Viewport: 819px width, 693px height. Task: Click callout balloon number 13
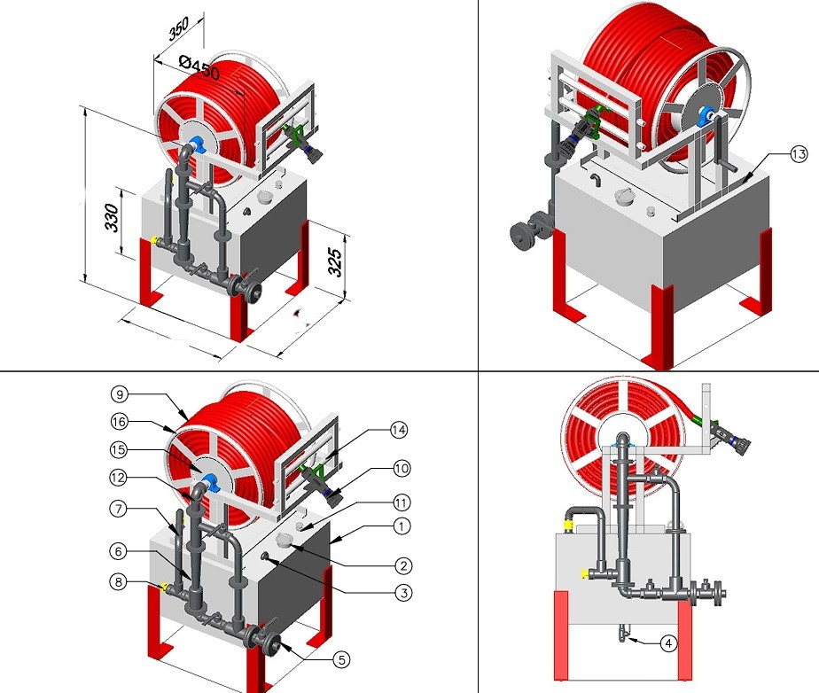798,155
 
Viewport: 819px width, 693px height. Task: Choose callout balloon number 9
119,393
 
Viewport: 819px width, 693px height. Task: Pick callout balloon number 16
119,421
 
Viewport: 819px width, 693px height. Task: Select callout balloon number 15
119,448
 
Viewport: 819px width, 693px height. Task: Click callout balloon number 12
119,478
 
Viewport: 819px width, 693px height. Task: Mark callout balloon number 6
119,549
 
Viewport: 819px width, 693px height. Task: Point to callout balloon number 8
119,583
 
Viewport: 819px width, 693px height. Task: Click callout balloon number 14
401,431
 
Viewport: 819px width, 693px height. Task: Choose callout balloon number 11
401,502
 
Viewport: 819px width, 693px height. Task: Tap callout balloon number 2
401,564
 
